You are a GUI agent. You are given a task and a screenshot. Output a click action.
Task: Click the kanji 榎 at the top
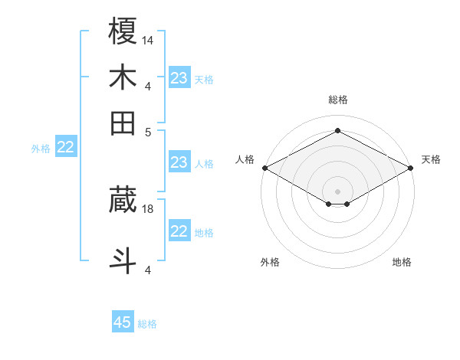click(x=123, y=32)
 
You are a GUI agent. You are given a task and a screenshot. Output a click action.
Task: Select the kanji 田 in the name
click(x=123, y=123)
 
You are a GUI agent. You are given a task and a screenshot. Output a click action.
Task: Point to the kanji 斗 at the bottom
click(x=123, y=260)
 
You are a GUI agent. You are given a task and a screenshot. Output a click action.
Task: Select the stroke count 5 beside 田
click(x=148, y=131)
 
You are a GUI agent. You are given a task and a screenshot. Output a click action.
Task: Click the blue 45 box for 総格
click(x=123, y=322)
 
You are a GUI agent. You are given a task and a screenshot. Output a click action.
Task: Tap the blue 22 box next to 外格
click(x=65, y=148)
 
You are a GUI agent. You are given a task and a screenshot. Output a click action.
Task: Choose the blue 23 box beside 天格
click(x=179, y=78)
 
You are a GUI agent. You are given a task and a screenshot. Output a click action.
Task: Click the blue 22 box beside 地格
click(x=179, y=231)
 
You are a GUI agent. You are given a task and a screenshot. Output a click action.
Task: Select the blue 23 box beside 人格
click(x=179, y=162)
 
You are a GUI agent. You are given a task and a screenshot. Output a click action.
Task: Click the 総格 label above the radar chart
click(x=337, y=100)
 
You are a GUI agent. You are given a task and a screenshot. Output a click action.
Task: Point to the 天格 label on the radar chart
click(x=431, y=159)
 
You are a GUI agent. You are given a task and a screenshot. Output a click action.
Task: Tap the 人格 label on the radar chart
click(x=245, y=159)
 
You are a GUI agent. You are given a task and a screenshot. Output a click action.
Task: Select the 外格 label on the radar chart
click(x=270, y=262)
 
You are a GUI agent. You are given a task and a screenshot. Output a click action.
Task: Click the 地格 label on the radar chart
click(x=402, y=262)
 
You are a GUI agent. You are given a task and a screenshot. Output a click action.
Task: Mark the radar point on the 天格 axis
click(x=412, y=167)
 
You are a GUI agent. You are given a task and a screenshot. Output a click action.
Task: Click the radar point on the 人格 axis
click(x=264, y=167)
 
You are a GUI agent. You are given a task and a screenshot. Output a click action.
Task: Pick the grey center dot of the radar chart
click(x=337, y=191)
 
